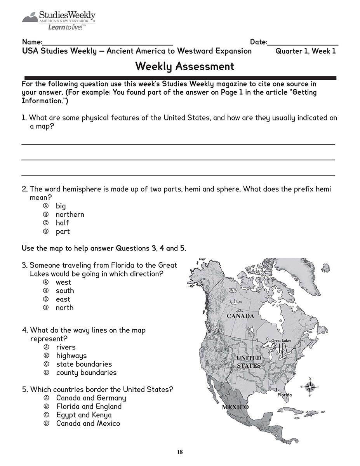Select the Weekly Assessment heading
tap(184, 66)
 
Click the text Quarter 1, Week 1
tap(305, 51)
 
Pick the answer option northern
tap(70, 214)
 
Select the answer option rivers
tap(66, 347)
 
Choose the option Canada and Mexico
tap(88, 423)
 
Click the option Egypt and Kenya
tap(83, 415)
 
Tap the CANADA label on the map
tap(240, 316)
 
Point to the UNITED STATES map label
tap(249, 362)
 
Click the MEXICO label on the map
tap(235, 407)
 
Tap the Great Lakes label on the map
tap(281, 340)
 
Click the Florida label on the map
tap(284, 395)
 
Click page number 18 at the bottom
tap(180, 452)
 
